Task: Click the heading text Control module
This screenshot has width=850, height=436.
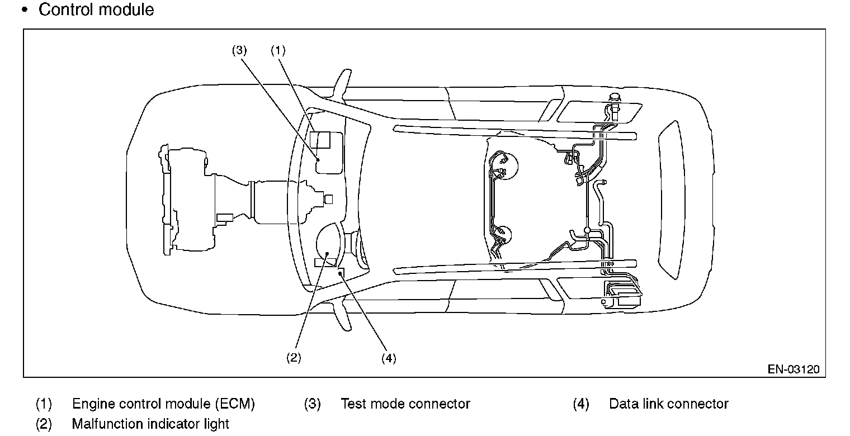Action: point(96,10)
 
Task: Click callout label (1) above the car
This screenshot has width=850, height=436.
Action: point(278,50)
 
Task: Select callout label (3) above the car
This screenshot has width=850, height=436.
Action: point(239,50)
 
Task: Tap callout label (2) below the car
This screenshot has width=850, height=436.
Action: point(294,357)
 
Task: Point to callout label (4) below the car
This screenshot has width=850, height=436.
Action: point(389,358)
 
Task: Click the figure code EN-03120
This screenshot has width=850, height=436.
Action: point(794,369)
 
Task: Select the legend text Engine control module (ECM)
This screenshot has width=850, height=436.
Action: point(163,404)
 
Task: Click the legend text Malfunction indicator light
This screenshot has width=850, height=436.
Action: point(150,424)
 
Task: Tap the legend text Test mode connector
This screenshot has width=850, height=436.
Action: point(405,404)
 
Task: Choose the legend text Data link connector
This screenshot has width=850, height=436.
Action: point(669,404)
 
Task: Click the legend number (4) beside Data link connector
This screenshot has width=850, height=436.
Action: point(581,404)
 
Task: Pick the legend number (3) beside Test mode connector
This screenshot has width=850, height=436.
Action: point(312,404)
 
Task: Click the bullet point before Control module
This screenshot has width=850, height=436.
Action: point(25,10)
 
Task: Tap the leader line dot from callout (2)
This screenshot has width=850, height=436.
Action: point(327,253)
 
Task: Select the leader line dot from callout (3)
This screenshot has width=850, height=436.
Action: point(318,160)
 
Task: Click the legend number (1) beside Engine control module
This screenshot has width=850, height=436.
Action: point(44,404)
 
